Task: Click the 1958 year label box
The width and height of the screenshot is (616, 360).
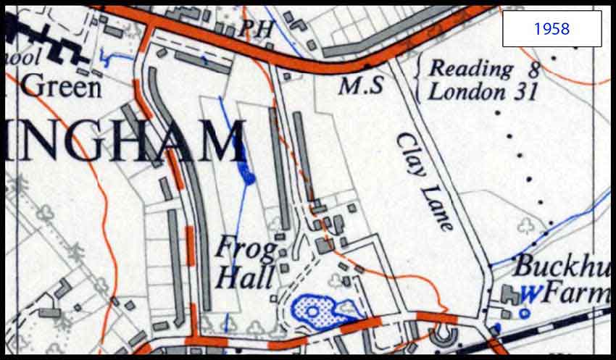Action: click(552, 29)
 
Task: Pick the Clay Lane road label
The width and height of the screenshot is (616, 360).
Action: click(425, 180)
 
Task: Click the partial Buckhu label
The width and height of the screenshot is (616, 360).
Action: click(562, 267)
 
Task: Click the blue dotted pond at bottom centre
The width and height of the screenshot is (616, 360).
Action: click(319, 309)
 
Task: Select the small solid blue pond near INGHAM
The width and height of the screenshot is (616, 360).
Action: click(247, 172)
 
